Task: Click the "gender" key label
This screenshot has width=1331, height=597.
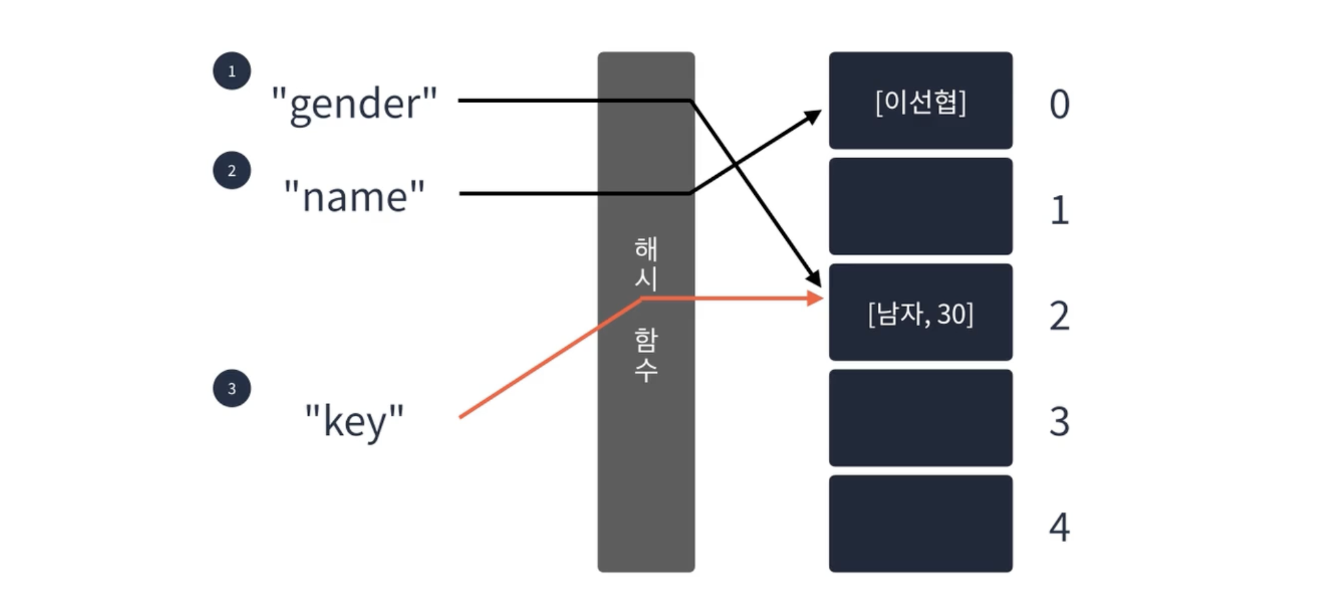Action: [354, 104]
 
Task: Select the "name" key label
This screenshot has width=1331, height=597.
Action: [354, 196]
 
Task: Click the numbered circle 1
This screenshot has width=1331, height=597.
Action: [231, 71]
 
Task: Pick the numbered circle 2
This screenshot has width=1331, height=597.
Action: [231, 171]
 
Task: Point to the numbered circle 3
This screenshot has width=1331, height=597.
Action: [231, 388]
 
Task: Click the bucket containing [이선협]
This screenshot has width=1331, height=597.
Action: [920, 100]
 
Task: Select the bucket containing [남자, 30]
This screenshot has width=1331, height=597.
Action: [920, 312]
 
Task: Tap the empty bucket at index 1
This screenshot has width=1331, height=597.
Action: [920, 206]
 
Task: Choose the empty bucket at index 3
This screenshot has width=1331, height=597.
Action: [920, 418]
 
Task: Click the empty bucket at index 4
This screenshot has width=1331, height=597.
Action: [920, 524]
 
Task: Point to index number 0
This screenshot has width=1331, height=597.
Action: [1059, 104]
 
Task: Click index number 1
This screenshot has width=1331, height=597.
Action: [1059, 211]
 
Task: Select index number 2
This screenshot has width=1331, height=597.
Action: [1059, 316]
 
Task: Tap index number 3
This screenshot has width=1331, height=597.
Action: [1059, 421]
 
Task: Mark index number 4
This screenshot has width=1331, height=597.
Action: [1059, 527]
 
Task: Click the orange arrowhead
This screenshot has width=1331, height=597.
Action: [815, 298]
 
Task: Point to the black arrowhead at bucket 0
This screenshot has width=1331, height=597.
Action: [813, 117]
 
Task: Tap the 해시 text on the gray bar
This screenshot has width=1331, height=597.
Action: [646, 263]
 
